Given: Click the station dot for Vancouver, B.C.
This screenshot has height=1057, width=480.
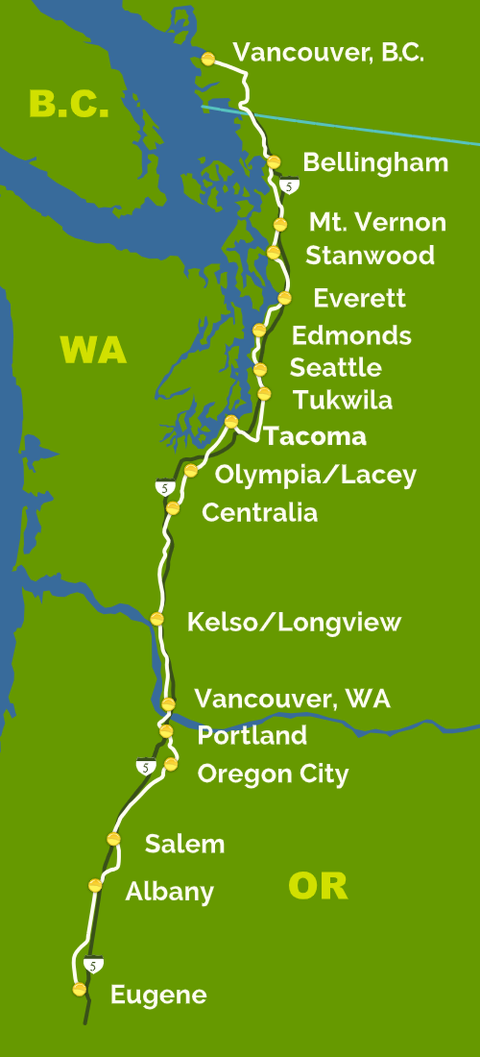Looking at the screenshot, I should tap(208, 59).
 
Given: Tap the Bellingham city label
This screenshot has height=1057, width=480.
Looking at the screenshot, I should tap(376, 163).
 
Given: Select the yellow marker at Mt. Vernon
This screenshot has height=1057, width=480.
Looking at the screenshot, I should tap(280, 225).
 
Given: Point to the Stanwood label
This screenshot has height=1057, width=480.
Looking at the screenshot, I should tap(370, 255).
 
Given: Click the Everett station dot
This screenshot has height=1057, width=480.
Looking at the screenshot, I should tap(285, 298).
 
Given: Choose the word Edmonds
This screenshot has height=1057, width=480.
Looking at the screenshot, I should tap(352, 336).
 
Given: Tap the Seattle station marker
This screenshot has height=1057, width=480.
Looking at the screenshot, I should tap(260, 370).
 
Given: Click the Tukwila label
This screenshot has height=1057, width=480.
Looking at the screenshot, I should tap(343, 400).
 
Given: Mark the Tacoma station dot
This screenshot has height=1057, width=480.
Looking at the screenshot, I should tap(231, 421).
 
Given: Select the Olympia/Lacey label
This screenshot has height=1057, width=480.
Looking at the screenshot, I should tap(315, 475).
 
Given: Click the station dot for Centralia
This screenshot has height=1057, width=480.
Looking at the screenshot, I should tap(173, 509).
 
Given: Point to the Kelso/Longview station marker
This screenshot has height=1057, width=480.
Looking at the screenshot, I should tap(157, 619).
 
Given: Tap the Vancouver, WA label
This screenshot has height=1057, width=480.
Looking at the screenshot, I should tap(293, 698).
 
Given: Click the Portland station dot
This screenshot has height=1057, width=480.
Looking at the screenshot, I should tap(166, 731).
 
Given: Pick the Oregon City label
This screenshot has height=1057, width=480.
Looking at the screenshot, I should tap(273, 774).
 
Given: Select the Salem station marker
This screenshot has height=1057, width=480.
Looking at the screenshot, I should tap(114, 839).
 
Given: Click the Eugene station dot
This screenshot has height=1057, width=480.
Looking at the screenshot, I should tap(80, 989).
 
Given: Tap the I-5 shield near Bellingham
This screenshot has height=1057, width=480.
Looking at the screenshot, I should tap(289, 186).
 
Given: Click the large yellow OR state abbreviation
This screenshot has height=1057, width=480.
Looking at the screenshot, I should tap(318, 886).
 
